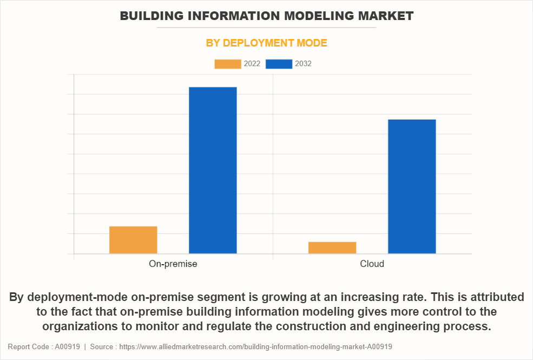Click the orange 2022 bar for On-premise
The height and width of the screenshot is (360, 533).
133,240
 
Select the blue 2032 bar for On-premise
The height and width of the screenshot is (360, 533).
213,170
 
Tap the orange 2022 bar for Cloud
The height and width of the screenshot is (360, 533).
332,247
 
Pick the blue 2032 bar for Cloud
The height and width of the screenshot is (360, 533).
412,186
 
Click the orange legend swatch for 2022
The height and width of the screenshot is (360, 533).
227,64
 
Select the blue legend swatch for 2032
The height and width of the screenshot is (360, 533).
279,64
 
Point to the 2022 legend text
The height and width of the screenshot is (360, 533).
252,64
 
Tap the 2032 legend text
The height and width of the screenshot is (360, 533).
303,64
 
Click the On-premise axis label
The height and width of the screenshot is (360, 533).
173,264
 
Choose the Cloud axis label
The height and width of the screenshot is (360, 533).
372,264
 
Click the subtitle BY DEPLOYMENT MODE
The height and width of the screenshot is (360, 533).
266,43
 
